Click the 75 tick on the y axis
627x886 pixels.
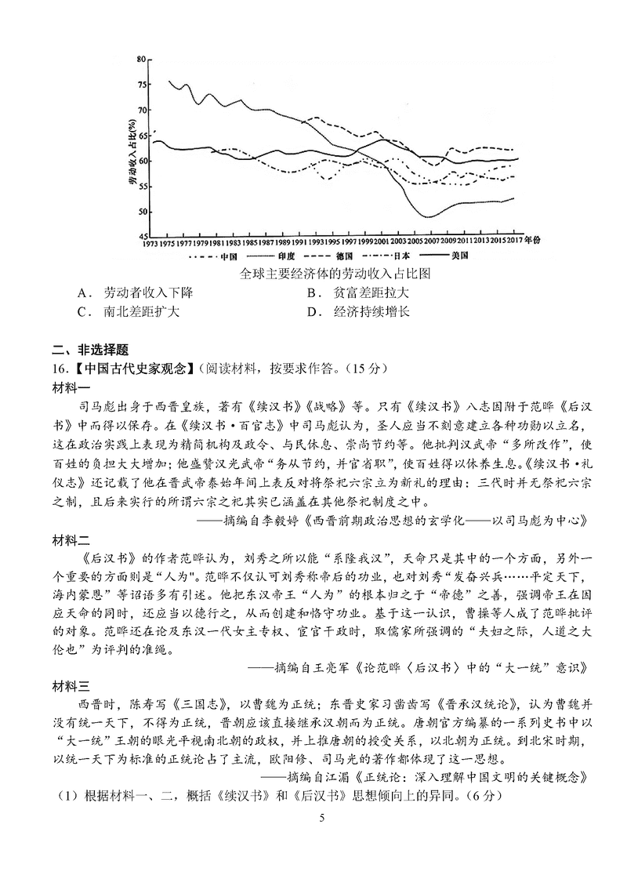click(141, 85)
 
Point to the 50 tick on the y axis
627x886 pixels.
click(141, 212)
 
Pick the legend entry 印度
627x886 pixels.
click(285, 256)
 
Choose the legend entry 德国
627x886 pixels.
click(342, 256)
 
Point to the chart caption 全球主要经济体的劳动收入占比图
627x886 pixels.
click(336, 274)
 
